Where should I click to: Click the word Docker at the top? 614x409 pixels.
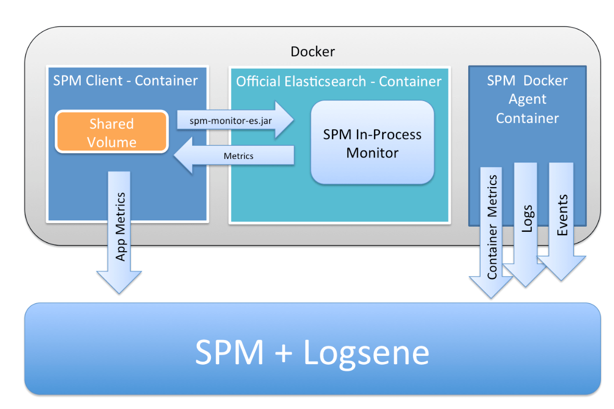pyautogui.click(x=312, y=51)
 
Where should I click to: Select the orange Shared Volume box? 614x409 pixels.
pyautogui.click(x=111, y=132)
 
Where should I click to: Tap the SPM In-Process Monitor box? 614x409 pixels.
pyautogui.click(x=372, y=143)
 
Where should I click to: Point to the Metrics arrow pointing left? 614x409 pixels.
pyautogui.click(x=239, y=156)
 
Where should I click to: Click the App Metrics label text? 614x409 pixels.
pyautogui.click(x=120, y=226)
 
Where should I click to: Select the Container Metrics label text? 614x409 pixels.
pyautogui.click(x=492, y=227)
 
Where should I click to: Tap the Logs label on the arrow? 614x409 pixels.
pyautogui.click(x=527, y=219)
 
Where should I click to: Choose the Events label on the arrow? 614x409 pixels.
pyautogui.click(x=562, y=215)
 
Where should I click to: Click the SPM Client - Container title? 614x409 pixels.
pyautogui.click(x=126, y=81)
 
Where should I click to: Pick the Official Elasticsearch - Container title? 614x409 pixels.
pyautogui.click(x=339, y=82)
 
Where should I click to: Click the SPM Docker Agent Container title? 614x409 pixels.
pyautogui.click(x=527, y=99)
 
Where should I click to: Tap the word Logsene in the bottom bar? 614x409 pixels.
pyautogui.click(x=366, y=352)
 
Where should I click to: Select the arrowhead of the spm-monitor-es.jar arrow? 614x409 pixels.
pyautogui.click(x=284, y=120)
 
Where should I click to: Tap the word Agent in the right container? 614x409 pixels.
pyautogui.click(x=527, y=99)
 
